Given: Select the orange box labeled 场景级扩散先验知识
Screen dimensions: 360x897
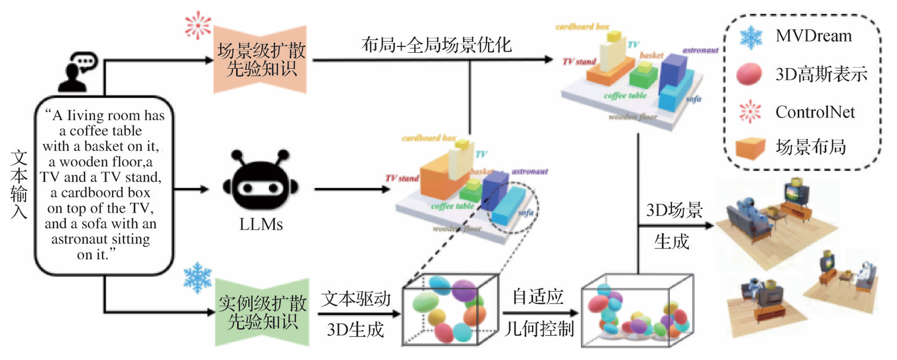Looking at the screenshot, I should [260, 60].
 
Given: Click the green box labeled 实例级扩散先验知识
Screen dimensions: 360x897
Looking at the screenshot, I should [262, 313].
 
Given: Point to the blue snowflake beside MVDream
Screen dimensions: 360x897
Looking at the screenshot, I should [751, 37].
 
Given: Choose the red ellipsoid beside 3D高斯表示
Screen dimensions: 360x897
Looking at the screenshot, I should [749, 74].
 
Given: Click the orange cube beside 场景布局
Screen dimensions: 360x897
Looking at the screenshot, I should [750, 148].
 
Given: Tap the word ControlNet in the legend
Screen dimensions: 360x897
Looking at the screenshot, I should [815, 112].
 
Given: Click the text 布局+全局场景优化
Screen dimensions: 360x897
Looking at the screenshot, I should [436, 45].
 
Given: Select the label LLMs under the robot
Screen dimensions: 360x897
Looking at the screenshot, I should [261, 224].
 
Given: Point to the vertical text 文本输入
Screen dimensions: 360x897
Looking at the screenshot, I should [19, 184].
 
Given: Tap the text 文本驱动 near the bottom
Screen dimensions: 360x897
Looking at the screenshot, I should [356, 299].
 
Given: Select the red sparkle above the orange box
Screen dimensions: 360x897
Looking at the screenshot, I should [197, 25].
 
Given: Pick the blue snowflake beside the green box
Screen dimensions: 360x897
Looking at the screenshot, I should [197, 277].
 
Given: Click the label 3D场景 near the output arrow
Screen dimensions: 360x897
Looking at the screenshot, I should [675, 210].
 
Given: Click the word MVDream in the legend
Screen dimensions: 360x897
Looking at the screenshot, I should [813, 36].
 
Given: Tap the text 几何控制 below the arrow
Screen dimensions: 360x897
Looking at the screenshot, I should [539, 329].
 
